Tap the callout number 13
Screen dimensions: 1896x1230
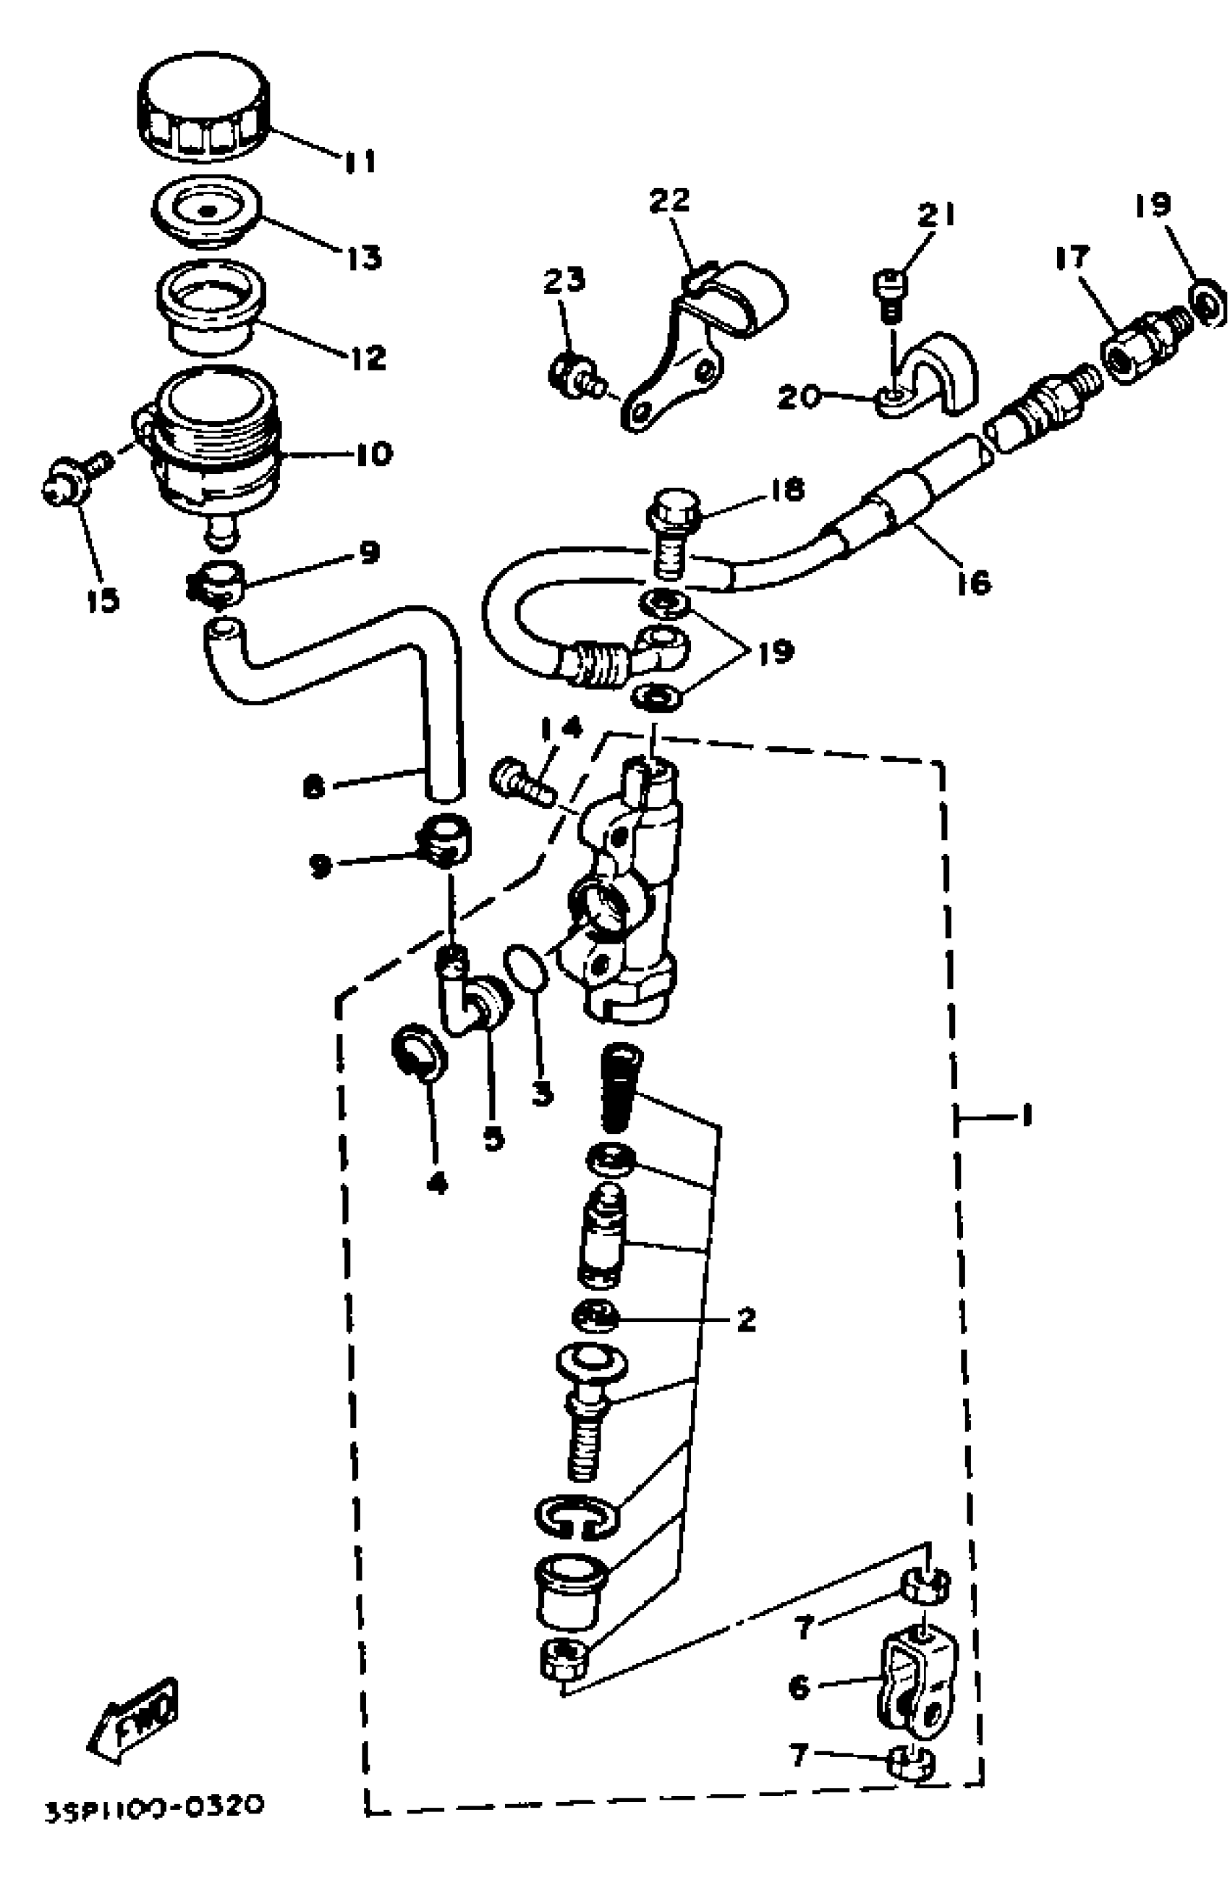(x=363, y=258)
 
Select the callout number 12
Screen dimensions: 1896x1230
(x=368, y=357)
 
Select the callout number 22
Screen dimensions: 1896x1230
(x=668, y=200)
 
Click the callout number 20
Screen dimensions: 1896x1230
(x=798, y=395)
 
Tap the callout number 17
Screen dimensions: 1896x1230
(x=1072, y=258)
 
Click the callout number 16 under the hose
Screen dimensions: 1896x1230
(x=972, y=583)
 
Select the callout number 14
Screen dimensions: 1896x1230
(x=561, y=727)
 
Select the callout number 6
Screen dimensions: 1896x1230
(x=799, y=1686)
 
